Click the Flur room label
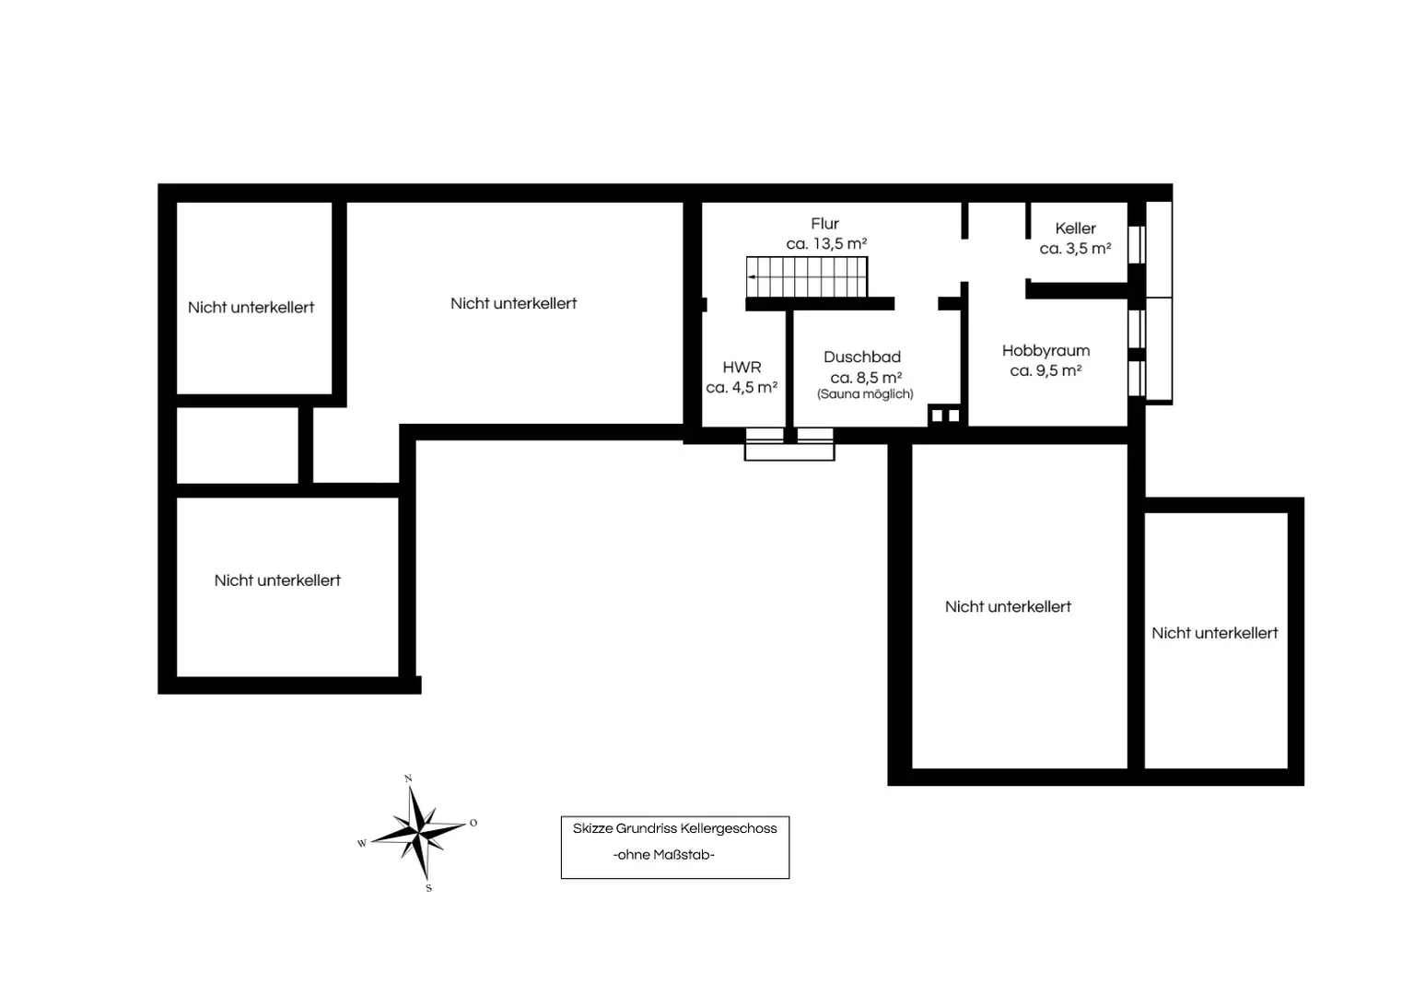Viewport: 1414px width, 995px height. click(824, 224)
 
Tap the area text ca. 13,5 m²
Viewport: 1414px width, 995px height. click(826, 244)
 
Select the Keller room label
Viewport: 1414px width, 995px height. click(1075, 228)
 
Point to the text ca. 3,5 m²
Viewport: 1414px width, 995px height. click(1075, 249)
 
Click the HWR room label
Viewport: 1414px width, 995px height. click(742, 368)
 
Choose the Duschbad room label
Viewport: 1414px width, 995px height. click(862, 357)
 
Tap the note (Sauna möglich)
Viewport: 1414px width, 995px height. click(865, 394)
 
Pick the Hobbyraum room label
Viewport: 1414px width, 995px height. click(1046, 350)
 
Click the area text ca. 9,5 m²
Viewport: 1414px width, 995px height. click(1046, 370)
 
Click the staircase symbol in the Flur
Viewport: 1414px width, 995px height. click(807, 276)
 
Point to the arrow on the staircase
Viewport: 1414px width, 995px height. click(753, 276)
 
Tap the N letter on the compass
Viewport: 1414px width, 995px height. click(408, 778)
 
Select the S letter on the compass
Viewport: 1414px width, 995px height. click(428, 888)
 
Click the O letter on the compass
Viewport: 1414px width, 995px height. click(473, 823)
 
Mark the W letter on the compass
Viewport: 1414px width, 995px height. click(362, 843)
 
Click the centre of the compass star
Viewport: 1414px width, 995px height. click(418, 834)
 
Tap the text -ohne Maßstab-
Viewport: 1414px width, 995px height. click(663, 855)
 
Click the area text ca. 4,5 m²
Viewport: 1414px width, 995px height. click(742, 388)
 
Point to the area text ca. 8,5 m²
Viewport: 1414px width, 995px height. click(866, 378)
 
